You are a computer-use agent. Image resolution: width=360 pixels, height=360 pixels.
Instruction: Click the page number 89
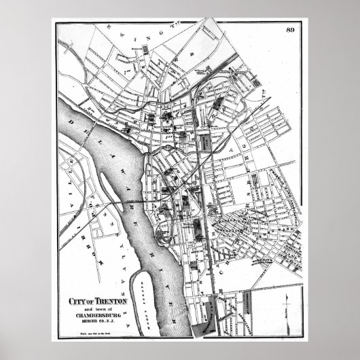[290, 29]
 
